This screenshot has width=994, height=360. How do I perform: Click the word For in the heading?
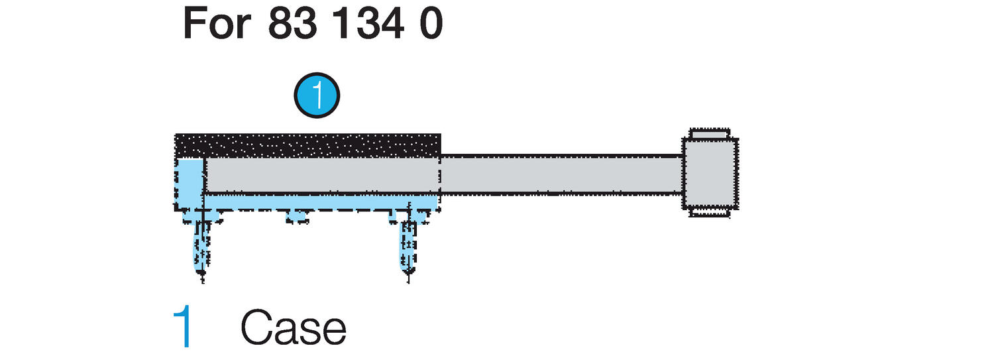pos(217,25)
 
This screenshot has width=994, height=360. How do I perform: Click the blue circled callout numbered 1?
pos(317,95)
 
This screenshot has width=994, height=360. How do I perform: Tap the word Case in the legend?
pos(293,328)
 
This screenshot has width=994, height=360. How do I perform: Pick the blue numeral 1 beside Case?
pos(182,328)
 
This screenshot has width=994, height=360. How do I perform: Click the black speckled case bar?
pos(307,145)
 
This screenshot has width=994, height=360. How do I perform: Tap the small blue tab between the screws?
pos(298,216)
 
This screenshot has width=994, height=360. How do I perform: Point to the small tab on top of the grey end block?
pos(710,134)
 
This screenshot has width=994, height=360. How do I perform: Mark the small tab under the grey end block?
pos(710,213)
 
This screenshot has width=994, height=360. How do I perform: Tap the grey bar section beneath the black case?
pos(322,176)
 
